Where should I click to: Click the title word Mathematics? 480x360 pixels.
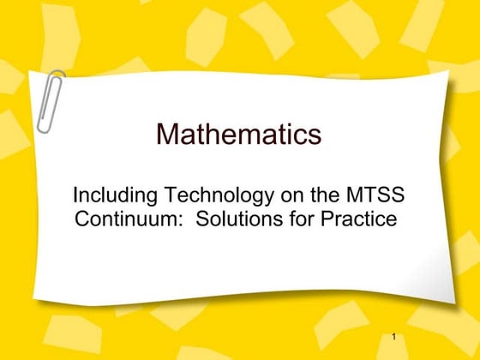239,135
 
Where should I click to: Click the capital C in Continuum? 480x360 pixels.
84,219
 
